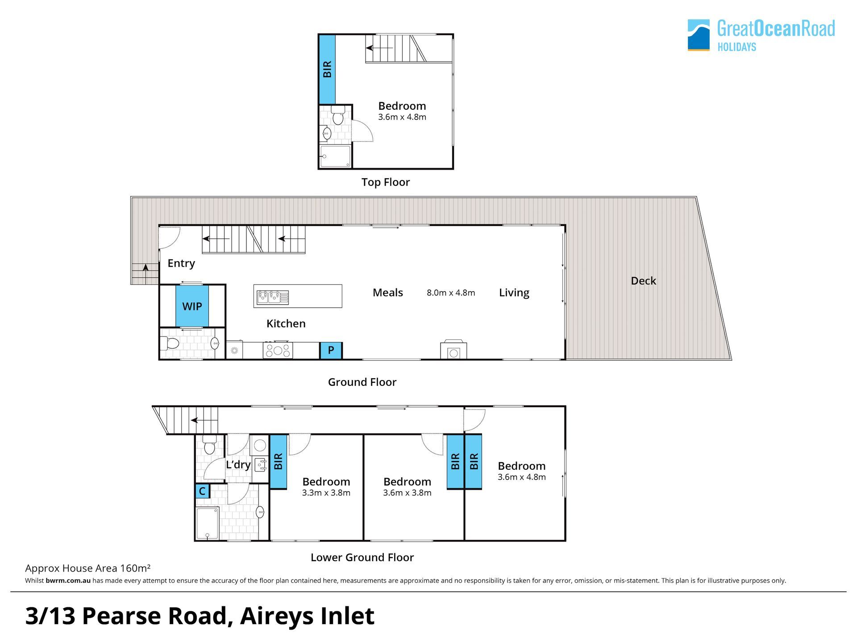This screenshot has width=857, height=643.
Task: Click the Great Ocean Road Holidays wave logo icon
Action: (x=699, y=35)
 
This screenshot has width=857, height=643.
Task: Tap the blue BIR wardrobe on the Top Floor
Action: (x=327, y=69)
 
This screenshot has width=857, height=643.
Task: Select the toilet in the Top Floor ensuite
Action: (x=338, y=115)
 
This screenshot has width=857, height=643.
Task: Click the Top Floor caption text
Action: (x=386, y=182)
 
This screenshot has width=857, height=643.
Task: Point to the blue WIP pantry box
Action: (x=192, y=306)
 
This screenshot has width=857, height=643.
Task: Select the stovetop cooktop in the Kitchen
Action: (x=278, y=350)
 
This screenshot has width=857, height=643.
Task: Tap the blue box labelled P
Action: (x=331, y=351)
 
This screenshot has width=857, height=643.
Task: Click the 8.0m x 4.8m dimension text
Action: (x=451, y=293)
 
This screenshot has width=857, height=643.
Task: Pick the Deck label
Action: (x=643, y=281)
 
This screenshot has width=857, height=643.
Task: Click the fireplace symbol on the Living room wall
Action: (x=453, y=350)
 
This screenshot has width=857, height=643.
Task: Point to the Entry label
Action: (x=181, y=263)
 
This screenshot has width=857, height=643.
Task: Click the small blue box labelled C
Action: (x=202, y=491)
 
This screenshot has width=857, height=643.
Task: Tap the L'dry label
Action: (x=238, y=465)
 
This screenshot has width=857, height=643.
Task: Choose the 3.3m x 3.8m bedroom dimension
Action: (x=326, y=493)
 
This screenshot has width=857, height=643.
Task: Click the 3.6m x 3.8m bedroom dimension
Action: (x=407, y=493)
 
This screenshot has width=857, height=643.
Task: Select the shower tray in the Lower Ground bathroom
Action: (x=208, y=523)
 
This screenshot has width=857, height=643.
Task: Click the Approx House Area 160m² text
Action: (x=87, y=568)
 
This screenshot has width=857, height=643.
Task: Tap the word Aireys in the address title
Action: (x=276, y=617)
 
